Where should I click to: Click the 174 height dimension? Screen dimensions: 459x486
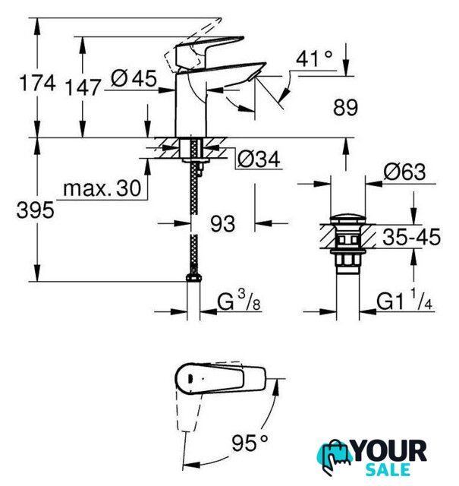37,83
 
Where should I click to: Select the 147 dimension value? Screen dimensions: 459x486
83,87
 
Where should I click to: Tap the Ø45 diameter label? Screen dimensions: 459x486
134,78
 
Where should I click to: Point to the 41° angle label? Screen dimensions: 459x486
314,58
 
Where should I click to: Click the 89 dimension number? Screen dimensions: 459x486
345,107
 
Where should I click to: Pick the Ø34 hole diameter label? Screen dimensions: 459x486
259,159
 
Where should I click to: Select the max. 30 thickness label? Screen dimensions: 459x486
102,188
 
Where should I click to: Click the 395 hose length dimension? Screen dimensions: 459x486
36,210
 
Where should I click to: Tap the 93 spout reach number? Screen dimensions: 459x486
223,223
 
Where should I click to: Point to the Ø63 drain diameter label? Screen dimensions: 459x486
404,172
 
